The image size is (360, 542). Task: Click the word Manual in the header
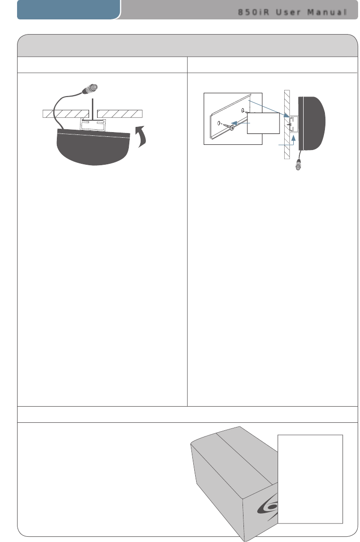click(x=327, y=12)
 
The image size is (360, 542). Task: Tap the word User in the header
click(x=288, y=12)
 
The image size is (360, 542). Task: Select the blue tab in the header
click(x=69, y=9)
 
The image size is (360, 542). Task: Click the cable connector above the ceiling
click(x=90, y=89)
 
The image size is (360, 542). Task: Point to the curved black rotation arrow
click(x=141, y=137)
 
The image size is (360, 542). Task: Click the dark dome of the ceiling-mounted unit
click(x=93, y=147)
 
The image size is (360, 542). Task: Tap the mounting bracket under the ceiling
click(x=93, y=124)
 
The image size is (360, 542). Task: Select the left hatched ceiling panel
click(x=66, y=114)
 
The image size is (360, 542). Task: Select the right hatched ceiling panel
click(x=120, y=114)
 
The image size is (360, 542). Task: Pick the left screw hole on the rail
click(x=219, y=123)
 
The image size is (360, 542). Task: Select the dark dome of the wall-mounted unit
click(x=312, y=124)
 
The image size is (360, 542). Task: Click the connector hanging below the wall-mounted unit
click(x=298, y=165)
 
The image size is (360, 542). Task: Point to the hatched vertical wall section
click(x=287, y=124)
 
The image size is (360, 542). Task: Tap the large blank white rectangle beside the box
click(x=310, y=479)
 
